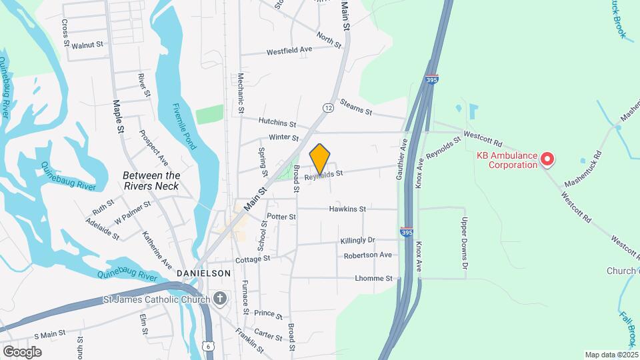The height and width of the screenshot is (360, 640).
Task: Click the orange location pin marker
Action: click(x=320, y=159)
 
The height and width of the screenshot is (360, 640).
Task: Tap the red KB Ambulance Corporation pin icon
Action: click(x=547, y=159)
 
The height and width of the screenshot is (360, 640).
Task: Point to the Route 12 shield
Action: click(x=327, y=107)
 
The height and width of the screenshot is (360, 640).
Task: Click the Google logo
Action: click(x=22, y=351)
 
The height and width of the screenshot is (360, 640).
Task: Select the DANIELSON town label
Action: click(x=203, y=273)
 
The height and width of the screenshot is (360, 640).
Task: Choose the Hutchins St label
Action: click(x=279, y=123)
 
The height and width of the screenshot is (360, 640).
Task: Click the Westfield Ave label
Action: click(x=289, y=51)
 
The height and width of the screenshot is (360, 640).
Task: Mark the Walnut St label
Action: click(x=89, y=45)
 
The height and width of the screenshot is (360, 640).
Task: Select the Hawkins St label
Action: click(x=347, y=209)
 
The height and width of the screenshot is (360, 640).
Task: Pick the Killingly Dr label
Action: click(x=358, y=240)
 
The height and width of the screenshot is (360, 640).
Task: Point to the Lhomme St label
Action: click(x=374, y=278)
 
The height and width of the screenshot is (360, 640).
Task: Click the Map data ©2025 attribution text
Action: click(x=611, y=355)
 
